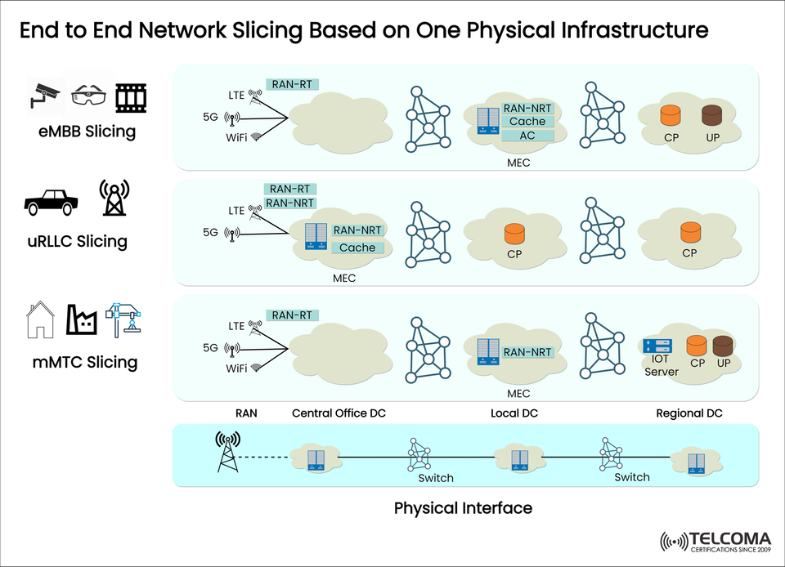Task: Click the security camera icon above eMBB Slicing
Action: click(x=43, y=94)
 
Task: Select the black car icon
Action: click(x=51, y=200)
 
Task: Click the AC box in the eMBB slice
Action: click(x=527, y=136)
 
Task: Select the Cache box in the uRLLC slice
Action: click(x=357, y=248)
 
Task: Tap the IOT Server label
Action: click(x=661, y=365)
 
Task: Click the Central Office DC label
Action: click(x=339, y=413)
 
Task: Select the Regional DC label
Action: click(x=689, y=413)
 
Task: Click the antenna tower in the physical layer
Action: click(x=228, y=452)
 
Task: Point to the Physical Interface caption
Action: click(x=463, y=508)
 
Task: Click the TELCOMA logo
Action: click(x=715, y=541)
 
